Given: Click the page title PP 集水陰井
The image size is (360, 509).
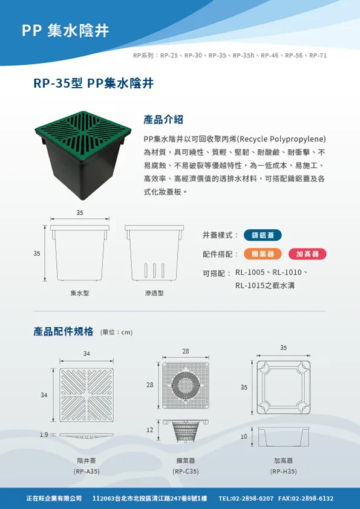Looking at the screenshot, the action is [65, 31].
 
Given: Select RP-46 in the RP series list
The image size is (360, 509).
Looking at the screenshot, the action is [270, 56].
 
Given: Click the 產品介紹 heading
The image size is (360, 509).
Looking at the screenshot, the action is [163, 120].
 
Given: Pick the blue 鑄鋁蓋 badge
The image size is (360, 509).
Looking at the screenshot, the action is [263, 235].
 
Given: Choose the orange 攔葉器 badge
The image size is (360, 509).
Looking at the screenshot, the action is [263, 254].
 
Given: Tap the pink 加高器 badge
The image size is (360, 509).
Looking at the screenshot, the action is [307, 254].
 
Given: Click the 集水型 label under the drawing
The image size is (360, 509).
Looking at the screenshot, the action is [80, 293].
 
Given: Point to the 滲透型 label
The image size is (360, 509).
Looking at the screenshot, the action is [154, 293].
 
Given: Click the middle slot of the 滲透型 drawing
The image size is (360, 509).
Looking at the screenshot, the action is [154, 271].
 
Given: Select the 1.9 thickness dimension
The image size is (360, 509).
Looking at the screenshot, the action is [44, 435].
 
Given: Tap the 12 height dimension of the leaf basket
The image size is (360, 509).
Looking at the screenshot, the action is [149, 430].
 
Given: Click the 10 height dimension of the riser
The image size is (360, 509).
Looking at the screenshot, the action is [244, 436].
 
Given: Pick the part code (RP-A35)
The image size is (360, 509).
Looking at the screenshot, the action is [87, 472].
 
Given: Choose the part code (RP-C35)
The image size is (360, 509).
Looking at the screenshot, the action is [186, 472].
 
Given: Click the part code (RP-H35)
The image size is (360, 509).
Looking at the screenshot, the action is [283, 472].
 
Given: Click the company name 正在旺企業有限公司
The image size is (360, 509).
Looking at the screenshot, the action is [54, 498].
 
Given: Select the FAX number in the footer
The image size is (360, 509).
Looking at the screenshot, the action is [306, 498].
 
